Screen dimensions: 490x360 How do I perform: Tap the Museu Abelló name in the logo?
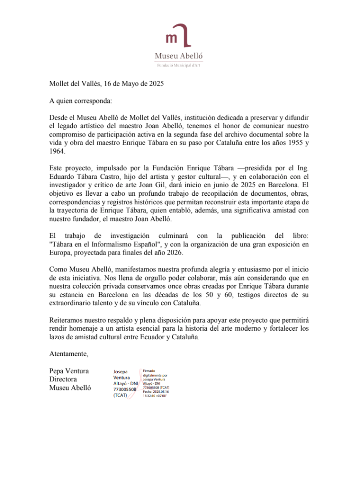[x=179, y=56]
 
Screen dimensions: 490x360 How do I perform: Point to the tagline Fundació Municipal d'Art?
[x=179, y=65]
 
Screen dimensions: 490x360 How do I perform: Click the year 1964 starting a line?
[x=57, y=151]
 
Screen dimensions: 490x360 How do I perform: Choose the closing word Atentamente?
[x=69, y=354]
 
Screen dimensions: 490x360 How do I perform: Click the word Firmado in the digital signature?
[x=150, y=371]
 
